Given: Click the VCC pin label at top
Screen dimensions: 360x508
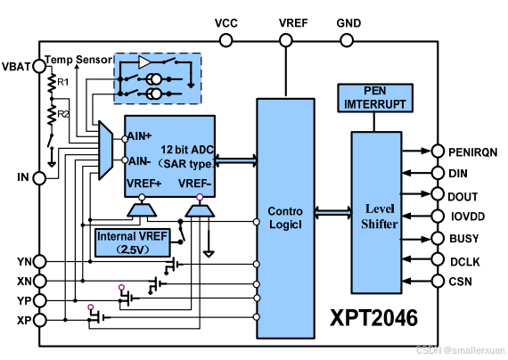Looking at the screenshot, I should (x=226, y=22).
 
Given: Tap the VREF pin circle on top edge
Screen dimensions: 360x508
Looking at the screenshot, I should (x=285, y=40).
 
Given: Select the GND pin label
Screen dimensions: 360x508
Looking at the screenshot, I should (x=348, y=22).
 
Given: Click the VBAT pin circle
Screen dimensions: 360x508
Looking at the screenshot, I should (x=38, y=66).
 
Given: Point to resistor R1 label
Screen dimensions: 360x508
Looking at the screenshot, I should (x=63, y=83).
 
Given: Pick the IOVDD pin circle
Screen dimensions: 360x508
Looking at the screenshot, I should (x=437, y=216).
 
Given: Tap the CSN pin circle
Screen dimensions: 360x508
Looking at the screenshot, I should (x=437, y=282).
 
